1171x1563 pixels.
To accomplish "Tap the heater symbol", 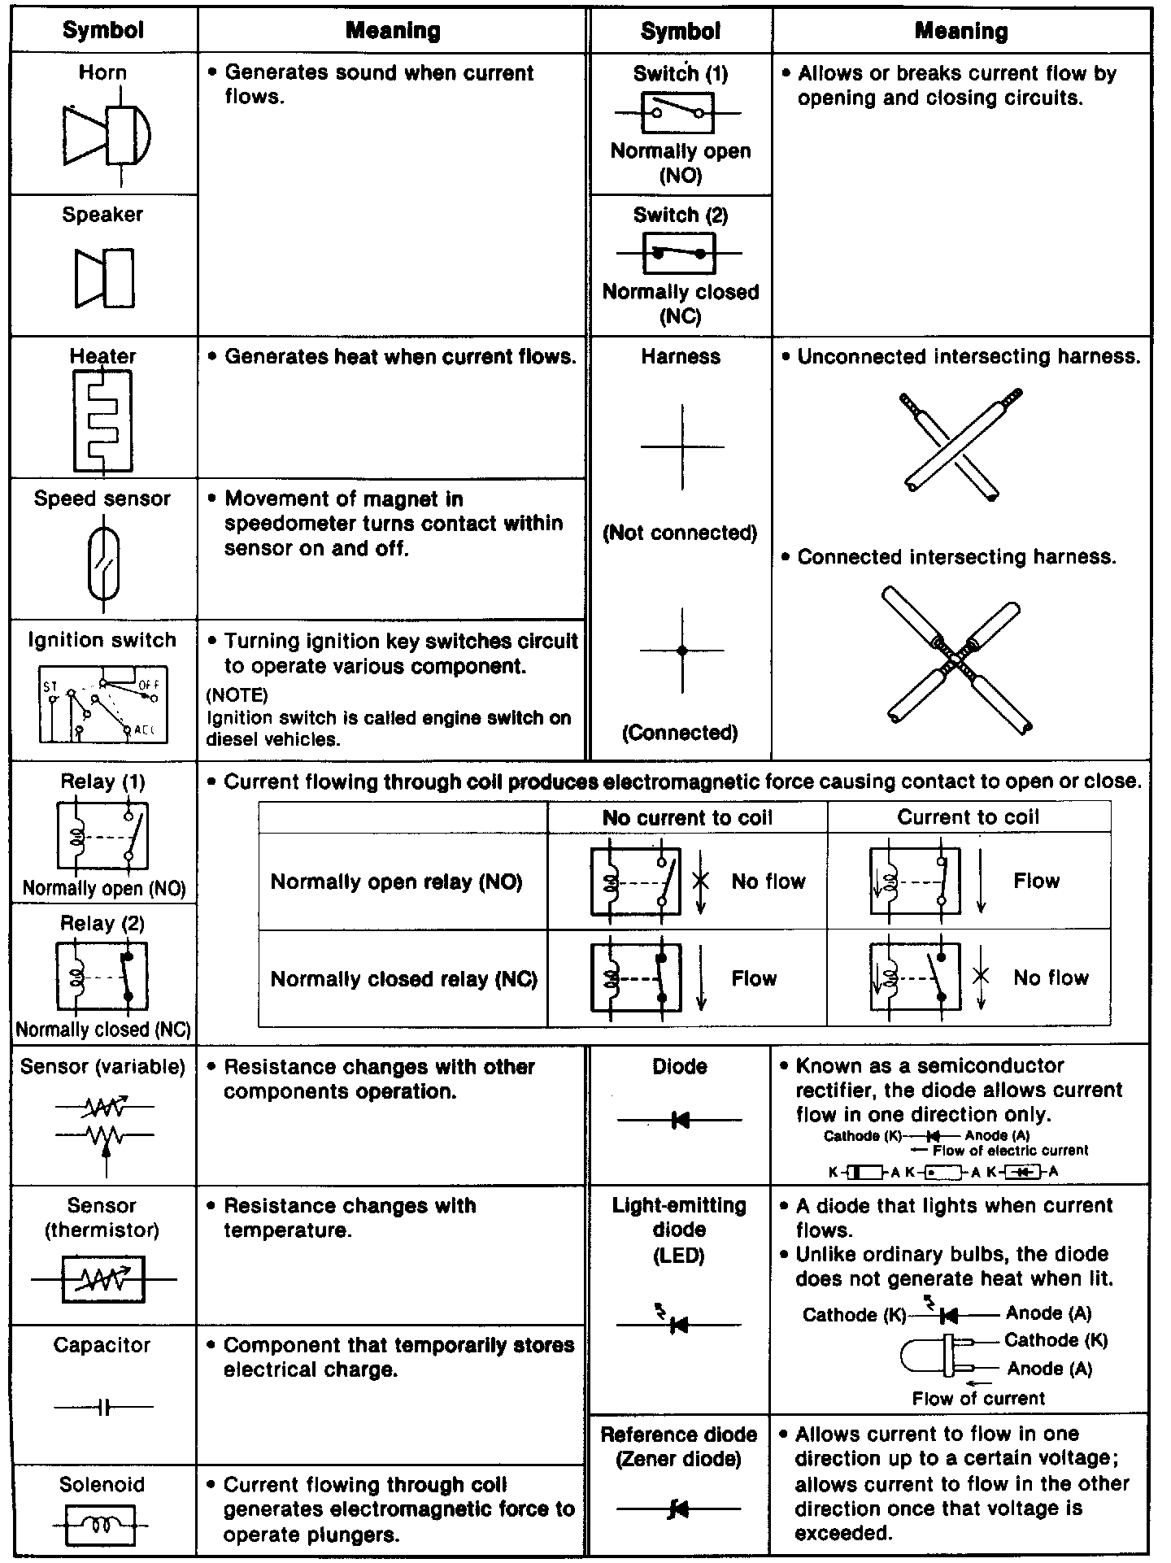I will tap(102, 420).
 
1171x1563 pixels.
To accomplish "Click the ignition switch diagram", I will tap(102, 704).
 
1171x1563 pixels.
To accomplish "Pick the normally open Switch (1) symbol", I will tap(677, 112).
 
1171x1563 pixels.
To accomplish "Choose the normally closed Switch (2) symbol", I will tap(679, 253).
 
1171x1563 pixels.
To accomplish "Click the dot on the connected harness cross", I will tap(682, 651).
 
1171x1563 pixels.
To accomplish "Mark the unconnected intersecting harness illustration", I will tap(960, 444).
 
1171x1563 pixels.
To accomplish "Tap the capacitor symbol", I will tap(103, 1407).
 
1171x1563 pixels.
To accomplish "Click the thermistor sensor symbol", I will tap(103, 1280).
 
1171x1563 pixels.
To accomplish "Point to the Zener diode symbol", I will tap(678, 1510).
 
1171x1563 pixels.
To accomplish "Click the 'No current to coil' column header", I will tap(687, 817).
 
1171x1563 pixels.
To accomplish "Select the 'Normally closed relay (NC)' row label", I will tap(403, 978).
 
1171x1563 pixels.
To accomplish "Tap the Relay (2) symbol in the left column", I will tap(102, 975).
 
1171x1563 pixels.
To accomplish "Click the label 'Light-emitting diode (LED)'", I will tap(679, 1230).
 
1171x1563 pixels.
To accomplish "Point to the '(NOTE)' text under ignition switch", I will tap(237, 695).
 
